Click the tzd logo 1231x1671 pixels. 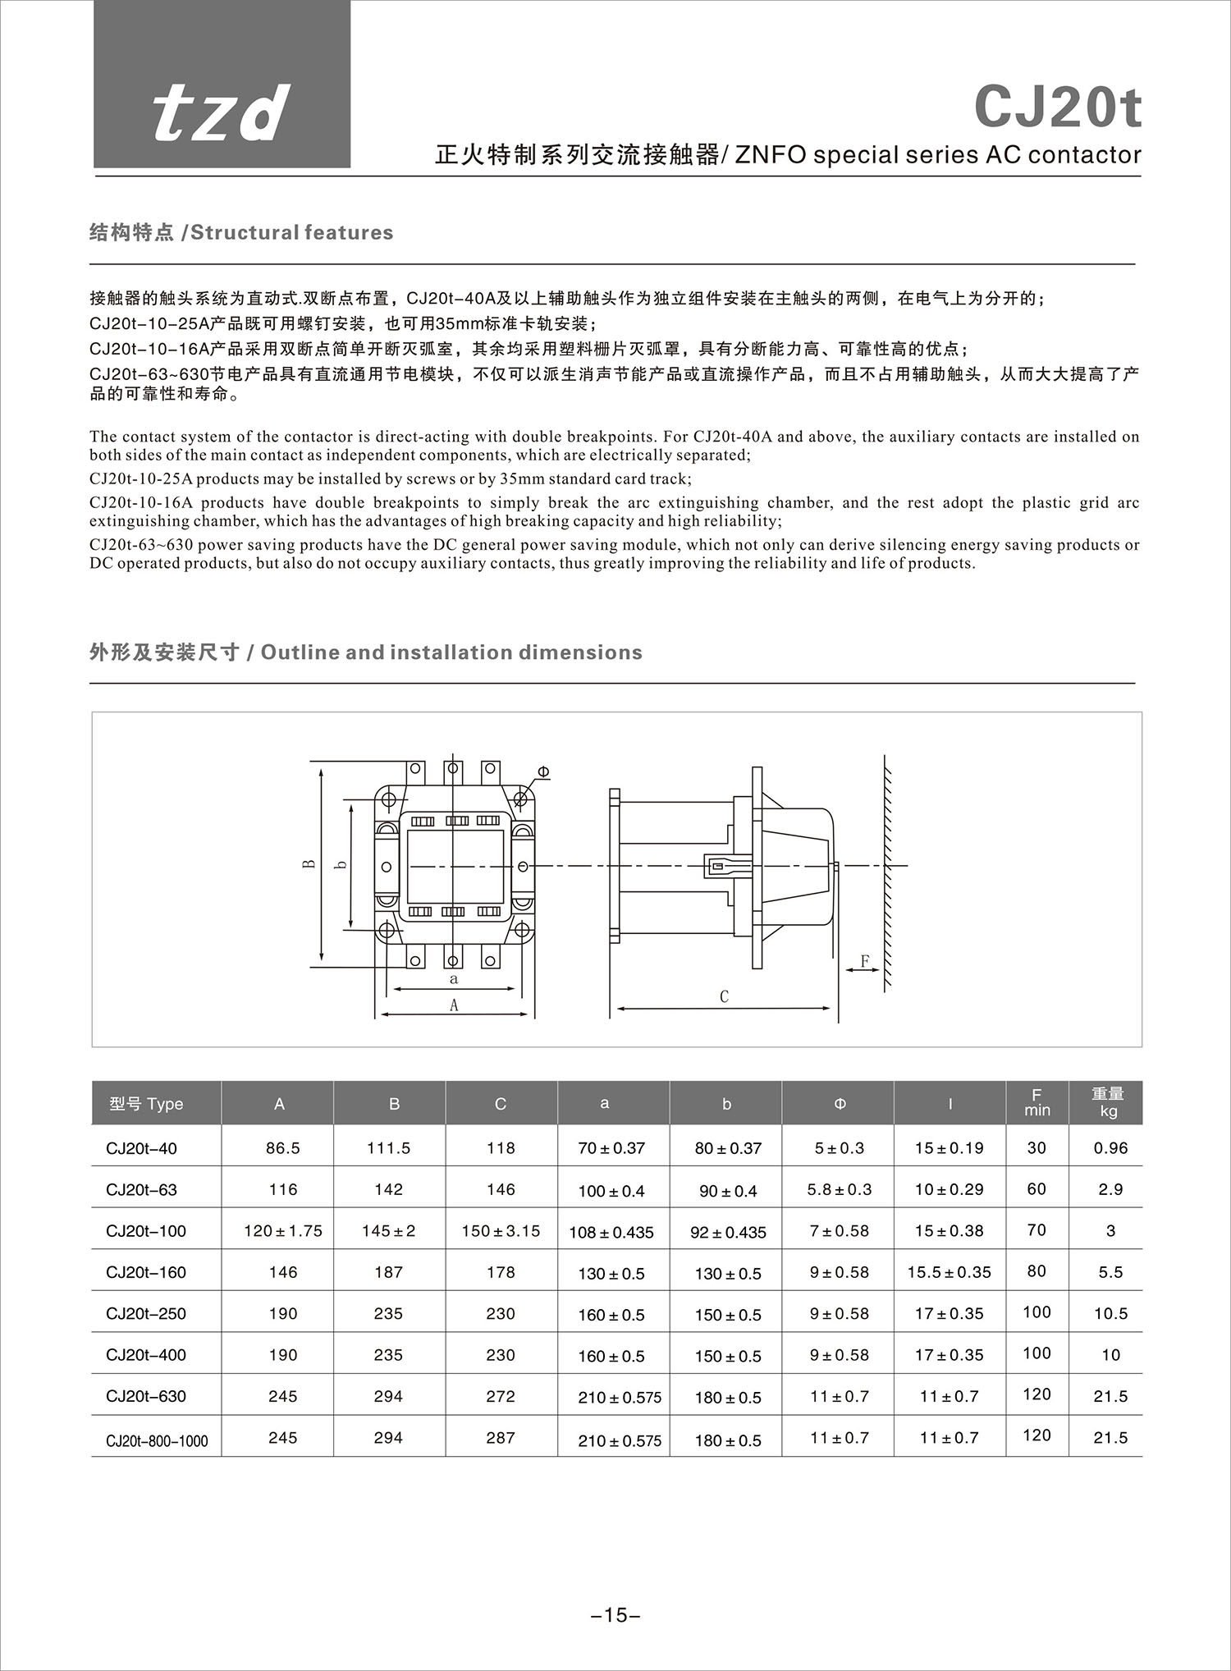(222, 113)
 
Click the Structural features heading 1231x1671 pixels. (241, 232)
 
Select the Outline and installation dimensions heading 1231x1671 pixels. (365, 652)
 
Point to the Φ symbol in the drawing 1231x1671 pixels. (543, 771)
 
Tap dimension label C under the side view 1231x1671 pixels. (724, 996)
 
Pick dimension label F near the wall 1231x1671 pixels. (864, 960)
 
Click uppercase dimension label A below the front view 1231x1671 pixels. (453, 1005)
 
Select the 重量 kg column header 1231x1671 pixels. (1107, 1102)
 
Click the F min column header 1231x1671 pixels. (1037, 1102)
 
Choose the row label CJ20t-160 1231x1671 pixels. (146, 1272)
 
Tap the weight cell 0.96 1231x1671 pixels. (1110, 1148)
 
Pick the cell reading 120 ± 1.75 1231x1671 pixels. (282, 1231)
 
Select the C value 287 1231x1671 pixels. (500, 1438)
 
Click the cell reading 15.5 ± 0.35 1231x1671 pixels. (949, 1272)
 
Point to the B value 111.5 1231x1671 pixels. (388, 1148)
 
